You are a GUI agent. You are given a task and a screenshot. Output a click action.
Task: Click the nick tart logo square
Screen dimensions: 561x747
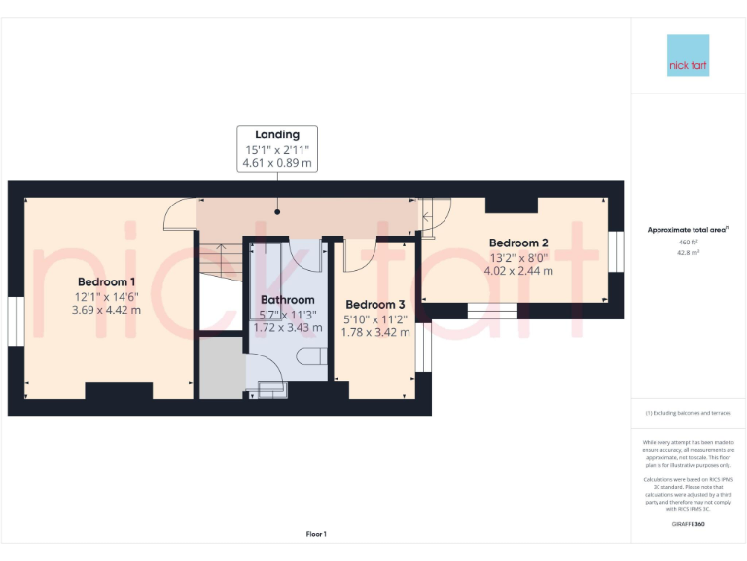pyautogui.click(x=689, y=56)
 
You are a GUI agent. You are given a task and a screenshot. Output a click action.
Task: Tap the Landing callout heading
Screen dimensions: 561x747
pyautogui.click(x=277, y=134)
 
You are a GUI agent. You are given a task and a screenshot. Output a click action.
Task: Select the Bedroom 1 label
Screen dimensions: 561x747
pyautogui.click(x=106, y=281)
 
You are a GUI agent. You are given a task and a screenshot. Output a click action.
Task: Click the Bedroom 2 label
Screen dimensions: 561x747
pyautogui.click(x=518, y=243)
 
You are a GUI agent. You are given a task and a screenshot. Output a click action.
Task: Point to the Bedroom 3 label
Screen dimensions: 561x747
pyautogui.click(x=374, y=304)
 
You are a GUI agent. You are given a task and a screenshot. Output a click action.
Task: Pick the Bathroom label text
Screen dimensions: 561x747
pyautogui.click(x=287, y=300)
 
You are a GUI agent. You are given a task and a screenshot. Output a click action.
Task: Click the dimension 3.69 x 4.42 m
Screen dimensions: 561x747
pyautogui.click(x=106, y=310)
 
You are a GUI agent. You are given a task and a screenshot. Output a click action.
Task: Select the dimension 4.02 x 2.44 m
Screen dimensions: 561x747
pyautogui.click(x=518, y=271)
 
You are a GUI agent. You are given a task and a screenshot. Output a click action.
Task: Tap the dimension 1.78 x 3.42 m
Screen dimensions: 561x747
pyautogui.click(x=374, y=332)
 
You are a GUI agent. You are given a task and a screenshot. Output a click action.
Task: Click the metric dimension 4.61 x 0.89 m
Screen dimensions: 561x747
pyautogui.click(x=277, y=164)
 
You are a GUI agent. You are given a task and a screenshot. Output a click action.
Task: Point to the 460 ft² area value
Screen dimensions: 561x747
pyautogui.click(x=688, y=242)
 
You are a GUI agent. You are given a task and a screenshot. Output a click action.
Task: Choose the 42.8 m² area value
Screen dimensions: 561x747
pyautogui.click(x=688, y=252)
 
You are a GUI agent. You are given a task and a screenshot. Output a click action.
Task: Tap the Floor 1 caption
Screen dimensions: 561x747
pyautogui.click(x=316, y=534)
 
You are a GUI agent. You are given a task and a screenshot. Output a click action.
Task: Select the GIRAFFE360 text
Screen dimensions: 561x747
pyautogui.click(x=688, y=525)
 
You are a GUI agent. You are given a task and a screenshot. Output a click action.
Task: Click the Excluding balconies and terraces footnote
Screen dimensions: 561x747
pyautogui.click(x=688, y=413)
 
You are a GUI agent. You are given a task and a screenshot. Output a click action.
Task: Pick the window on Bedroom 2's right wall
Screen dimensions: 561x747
pyautogui.click(x=616, y=251)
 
